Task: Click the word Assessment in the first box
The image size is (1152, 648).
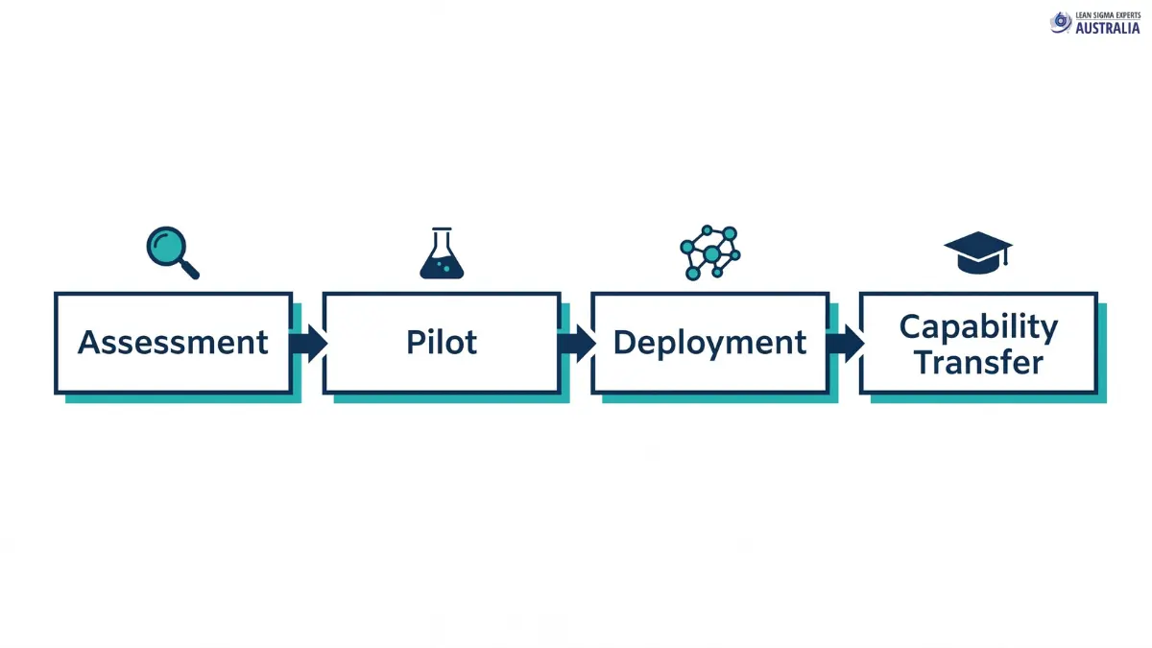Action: (173, 343)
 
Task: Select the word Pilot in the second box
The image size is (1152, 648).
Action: (442, 343)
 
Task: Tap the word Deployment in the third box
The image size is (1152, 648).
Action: (709, 343)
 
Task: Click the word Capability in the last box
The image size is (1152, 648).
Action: (978, 326)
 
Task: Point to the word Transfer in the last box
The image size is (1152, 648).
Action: (978, 363)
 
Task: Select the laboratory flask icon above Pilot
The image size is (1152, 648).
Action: (442, 253)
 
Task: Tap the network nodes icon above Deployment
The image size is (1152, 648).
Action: (709, 252)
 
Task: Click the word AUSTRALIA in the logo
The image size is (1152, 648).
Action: (1108, 29)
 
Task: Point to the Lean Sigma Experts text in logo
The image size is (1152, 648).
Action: (1108, 15)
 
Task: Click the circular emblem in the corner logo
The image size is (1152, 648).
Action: (1061, 22)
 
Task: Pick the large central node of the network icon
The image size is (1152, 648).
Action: (711, 253)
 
